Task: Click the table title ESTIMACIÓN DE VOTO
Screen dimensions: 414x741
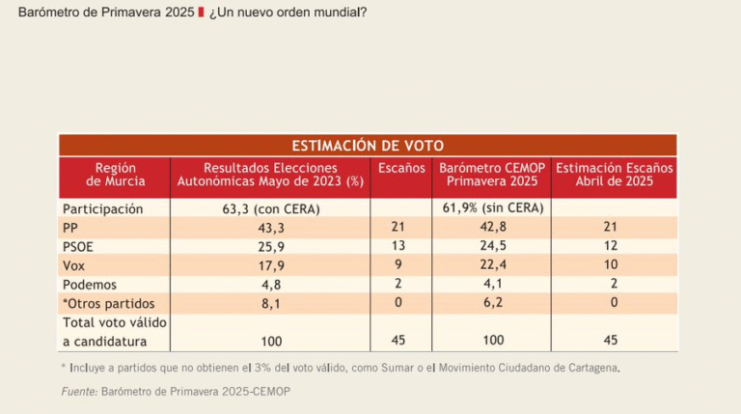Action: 368,146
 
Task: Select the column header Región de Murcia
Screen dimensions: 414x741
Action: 115,175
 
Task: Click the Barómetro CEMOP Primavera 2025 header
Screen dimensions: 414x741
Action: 492,175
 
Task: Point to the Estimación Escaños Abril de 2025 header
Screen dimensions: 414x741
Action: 615,175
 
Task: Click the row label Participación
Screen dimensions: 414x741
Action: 103,208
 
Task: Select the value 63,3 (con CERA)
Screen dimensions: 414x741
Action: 270,208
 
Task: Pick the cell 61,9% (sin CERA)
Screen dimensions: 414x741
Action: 492,208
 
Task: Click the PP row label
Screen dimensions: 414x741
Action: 72,228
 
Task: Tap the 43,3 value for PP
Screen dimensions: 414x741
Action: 270,228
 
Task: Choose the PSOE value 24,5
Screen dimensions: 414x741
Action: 492,246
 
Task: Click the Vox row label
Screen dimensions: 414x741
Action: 75,265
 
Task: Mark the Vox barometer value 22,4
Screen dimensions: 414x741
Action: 492,265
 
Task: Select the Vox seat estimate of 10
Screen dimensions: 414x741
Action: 615,265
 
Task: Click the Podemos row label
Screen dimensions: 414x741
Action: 91,284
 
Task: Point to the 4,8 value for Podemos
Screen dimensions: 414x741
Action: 270,284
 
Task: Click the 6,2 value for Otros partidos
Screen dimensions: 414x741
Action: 492,302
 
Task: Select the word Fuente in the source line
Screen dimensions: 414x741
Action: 79,391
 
